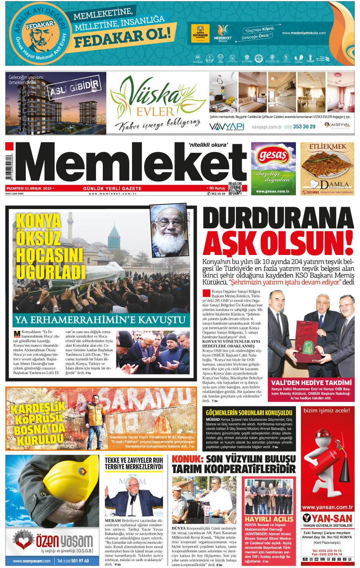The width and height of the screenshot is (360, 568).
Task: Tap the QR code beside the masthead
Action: pyautogui.click(x=235, y=189)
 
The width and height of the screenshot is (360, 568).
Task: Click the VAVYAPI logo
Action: pyautogui.click(x=227, y=126)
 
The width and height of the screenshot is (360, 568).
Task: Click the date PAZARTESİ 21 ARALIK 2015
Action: pyautogui.click(x=29, y=188)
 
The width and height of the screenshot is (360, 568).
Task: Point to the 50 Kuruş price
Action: pyautogui.click(x=216, y=188)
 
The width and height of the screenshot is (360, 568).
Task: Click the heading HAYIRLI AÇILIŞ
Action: pyautogui.click(x=269, y=519)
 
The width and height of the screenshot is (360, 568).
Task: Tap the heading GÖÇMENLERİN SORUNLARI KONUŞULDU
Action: pyautogui.click(x=249, y=412)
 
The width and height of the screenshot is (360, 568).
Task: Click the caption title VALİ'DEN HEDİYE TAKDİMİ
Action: pyautogui.click(x=311, y=382)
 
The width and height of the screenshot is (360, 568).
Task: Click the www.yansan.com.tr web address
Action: pyautogui.click(x=327, y=507)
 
